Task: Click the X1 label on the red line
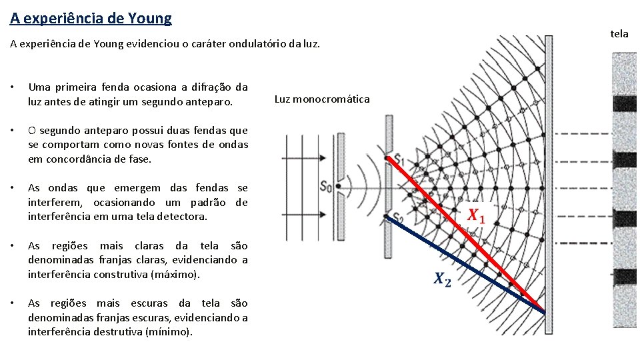pos(476,215)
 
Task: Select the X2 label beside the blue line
pos(441,279)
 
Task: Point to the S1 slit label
pos(398,159)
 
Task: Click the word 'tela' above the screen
pos(619,33)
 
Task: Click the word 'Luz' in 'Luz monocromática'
pos(282,99)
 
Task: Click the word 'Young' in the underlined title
pos(147,18)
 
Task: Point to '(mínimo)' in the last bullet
pos(168,331)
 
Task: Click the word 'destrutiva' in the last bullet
pos(116,331)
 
